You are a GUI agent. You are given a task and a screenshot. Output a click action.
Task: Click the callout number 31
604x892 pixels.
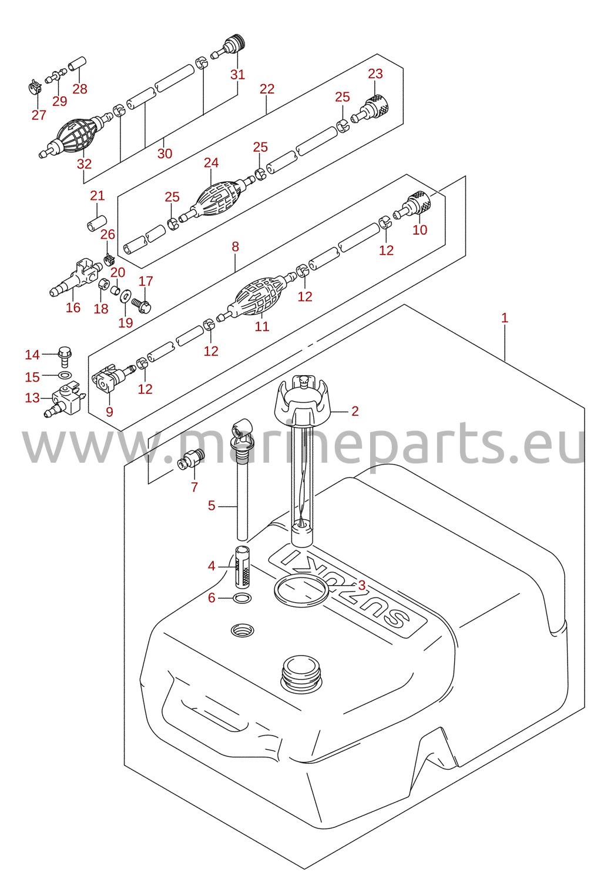237,75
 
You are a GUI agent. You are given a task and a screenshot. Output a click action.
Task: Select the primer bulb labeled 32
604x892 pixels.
76,135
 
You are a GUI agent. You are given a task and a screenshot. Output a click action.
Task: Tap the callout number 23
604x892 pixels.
375,74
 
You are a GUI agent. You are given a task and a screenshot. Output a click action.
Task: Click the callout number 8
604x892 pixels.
235,247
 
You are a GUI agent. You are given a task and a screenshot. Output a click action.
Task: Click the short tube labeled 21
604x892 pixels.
97,223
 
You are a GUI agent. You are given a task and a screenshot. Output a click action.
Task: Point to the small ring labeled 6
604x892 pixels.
241,598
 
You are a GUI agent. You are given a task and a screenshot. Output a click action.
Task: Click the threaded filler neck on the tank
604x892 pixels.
301,673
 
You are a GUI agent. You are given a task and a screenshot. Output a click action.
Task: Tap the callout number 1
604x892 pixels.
505,318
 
